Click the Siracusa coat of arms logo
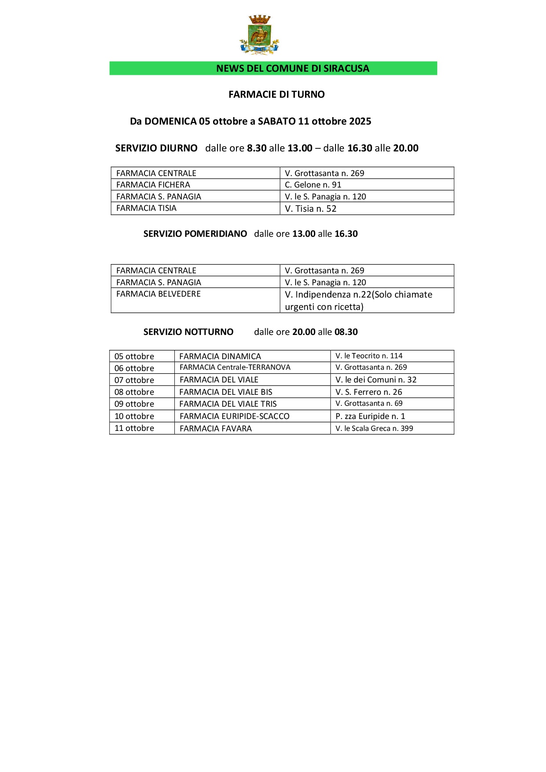(x=259, y=35)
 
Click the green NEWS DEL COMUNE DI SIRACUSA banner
(x=273, y=68)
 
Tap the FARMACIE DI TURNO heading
(x=277, y=94)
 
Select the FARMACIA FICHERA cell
(x=153, y=185)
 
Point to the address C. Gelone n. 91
(x=313, y=185)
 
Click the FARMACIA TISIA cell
(x=146, y=208)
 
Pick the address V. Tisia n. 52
(x=310, y=209)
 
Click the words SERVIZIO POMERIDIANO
(x=195, y=234)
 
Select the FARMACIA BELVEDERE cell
(x=159, y=294)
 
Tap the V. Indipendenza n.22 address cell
(x=358, y=300)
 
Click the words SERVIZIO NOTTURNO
(x=188, y=332)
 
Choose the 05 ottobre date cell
(x=134, y=357)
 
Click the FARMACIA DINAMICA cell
(x=220, y=357)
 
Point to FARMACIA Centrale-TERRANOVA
(x=235, y=368)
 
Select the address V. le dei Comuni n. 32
(x=376, y=380)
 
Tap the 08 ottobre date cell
(x=134, y=392)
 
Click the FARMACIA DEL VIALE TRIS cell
(x=228, y=404)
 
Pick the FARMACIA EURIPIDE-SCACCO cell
(x=234, y=416)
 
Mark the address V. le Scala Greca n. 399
(x=374, y=429)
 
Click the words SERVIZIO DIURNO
(x=156, y=148)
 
